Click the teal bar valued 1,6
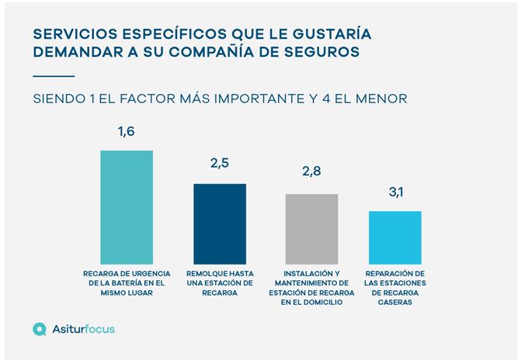[127, 207]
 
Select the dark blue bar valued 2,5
[219, 224]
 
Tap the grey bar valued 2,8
[311, 229]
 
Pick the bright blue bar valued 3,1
[395, 237]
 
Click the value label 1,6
[127, 132]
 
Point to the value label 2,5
[219, 165]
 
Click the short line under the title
[54, 75]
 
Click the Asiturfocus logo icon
[40, 329]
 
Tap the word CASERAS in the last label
[395, 303]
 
